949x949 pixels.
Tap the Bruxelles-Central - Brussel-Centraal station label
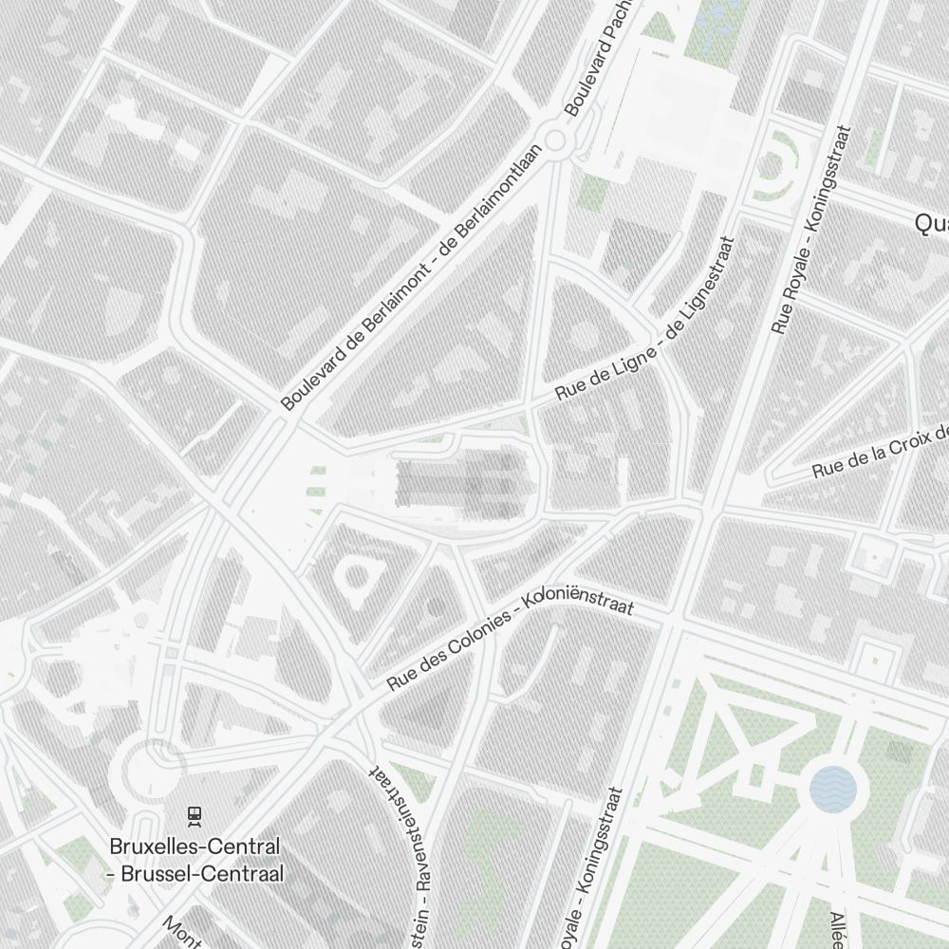(195, 859)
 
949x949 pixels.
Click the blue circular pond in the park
(833, 789)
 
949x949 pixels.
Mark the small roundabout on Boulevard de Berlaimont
(555, 142)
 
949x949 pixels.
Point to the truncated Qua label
(931, 223)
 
